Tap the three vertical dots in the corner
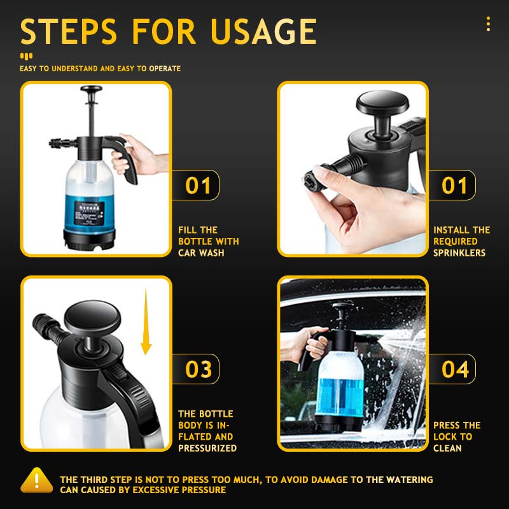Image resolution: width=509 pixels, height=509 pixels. pos(488,24)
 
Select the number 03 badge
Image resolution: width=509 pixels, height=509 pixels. pos(199,369)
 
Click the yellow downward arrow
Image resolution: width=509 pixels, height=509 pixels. pos(146,321)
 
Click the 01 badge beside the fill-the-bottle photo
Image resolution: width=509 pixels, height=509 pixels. pos(198,186)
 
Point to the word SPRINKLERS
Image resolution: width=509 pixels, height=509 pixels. pos(459,253)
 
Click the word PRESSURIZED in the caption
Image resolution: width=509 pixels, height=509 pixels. pos(207,448)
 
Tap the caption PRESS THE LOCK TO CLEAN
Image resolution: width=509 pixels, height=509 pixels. pos(456,436)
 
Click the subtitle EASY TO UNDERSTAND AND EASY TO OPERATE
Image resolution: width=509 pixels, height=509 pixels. pos(100,68)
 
